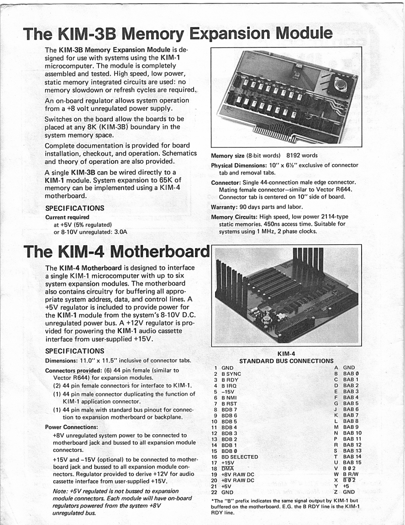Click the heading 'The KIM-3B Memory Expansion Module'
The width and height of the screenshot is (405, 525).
[178, 33]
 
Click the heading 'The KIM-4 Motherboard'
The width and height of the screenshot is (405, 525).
[116, 251]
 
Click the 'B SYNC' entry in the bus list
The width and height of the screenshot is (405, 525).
[232, 373]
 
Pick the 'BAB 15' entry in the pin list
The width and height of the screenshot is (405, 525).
[352, 462]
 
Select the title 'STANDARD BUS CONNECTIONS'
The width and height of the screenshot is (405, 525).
[286, 361]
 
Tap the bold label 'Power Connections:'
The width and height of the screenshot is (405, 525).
[72, 427]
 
